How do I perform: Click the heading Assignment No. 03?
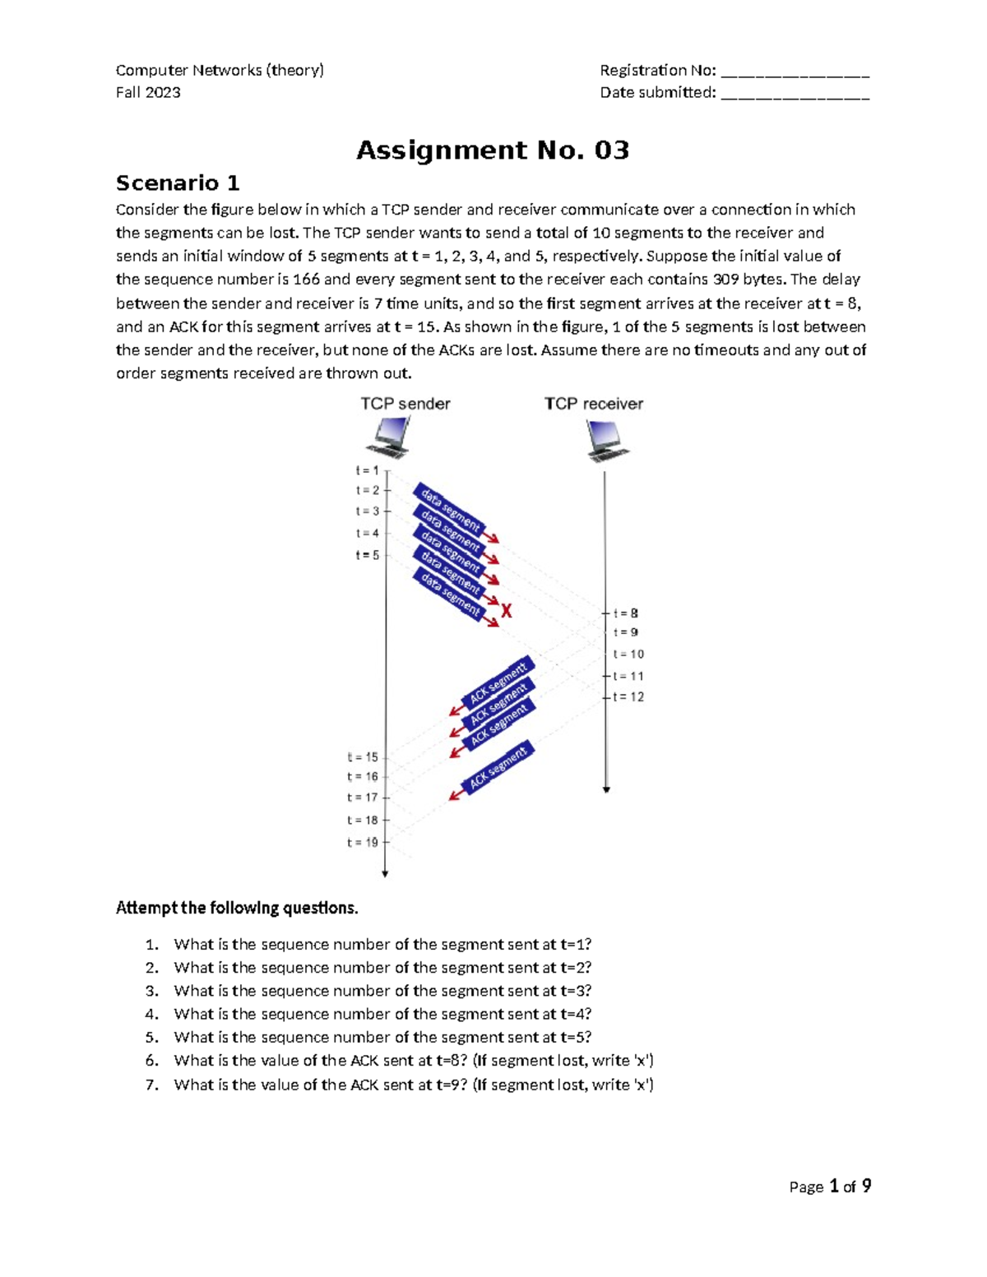492,150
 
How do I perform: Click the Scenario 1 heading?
178,183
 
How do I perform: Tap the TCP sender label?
405,404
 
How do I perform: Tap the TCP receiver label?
593,404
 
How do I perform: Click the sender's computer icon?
390,437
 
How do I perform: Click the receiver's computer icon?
606,440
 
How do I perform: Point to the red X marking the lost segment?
507,611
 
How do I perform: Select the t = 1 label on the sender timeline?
367,471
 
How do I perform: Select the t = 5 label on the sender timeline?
367,555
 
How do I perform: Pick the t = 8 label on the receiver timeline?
626,613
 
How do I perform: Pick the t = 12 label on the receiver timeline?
628,696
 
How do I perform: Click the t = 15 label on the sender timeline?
363,757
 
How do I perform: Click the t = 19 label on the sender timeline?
363,842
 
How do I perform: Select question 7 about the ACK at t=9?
413,1085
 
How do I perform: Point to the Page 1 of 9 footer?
829,1187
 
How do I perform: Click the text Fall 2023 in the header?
148,93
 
